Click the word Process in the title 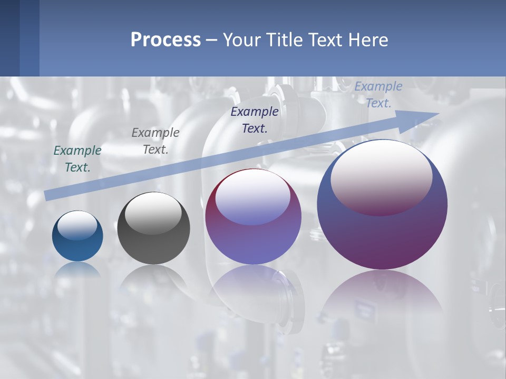point(166,40)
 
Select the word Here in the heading point(367,40)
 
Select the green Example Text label point(77,159)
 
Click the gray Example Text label point(155,141)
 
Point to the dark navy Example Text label point(255,119)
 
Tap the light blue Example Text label point(378,95)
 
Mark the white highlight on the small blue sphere point(77,225)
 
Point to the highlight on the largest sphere point(381,178)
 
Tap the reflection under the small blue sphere point(77,270)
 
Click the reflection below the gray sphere point(153,279)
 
